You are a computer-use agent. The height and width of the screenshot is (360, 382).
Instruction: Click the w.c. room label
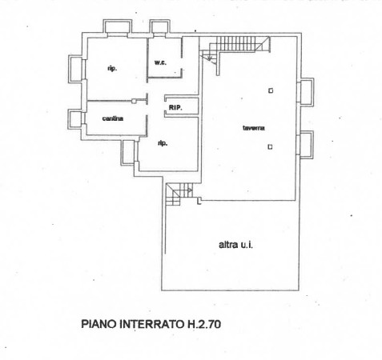[x=160, y=63]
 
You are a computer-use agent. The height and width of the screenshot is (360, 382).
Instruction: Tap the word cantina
[x=113, y=118]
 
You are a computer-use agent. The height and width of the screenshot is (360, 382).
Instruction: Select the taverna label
[x=254, y=128]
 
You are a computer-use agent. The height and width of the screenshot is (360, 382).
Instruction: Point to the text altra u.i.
[x=235, y=245]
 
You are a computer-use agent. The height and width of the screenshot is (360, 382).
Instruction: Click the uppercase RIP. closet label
[x=175, y=108]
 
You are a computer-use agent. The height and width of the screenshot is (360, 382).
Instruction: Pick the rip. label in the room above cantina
[x=112, y=69]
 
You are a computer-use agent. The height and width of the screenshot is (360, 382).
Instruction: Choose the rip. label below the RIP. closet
[x=163, y=143]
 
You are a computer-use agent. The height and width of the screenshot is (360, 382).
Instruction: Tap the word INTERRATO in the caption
[x=151, y=324]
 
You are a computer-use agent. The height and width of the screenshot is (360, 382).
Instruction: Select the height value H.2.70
[x=203, y=324]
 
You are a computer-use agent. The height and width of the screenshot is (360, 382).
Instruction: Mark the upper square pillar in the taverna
[x=271, y=90]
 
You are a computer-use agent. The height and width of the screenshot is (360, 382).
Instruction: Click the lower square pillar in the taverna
[x=270, y=146]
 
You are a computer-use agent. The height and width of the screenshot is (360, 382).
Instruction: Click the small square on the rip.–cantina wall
[x=134, y=101]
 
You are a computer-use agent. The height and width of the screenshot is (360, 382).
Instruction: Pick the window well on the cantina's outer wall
[x=75, y=119]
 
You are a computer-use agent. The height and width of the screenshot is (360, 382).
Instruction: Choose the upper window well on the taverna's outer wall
[x=306, y=92]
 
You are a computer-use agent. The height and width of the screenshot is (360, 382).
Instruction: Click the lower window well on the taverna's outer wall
[x=306, y=145]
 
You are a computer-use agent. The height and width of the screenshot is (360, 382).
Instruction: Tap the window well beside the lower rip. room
[x=128, y=152]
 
